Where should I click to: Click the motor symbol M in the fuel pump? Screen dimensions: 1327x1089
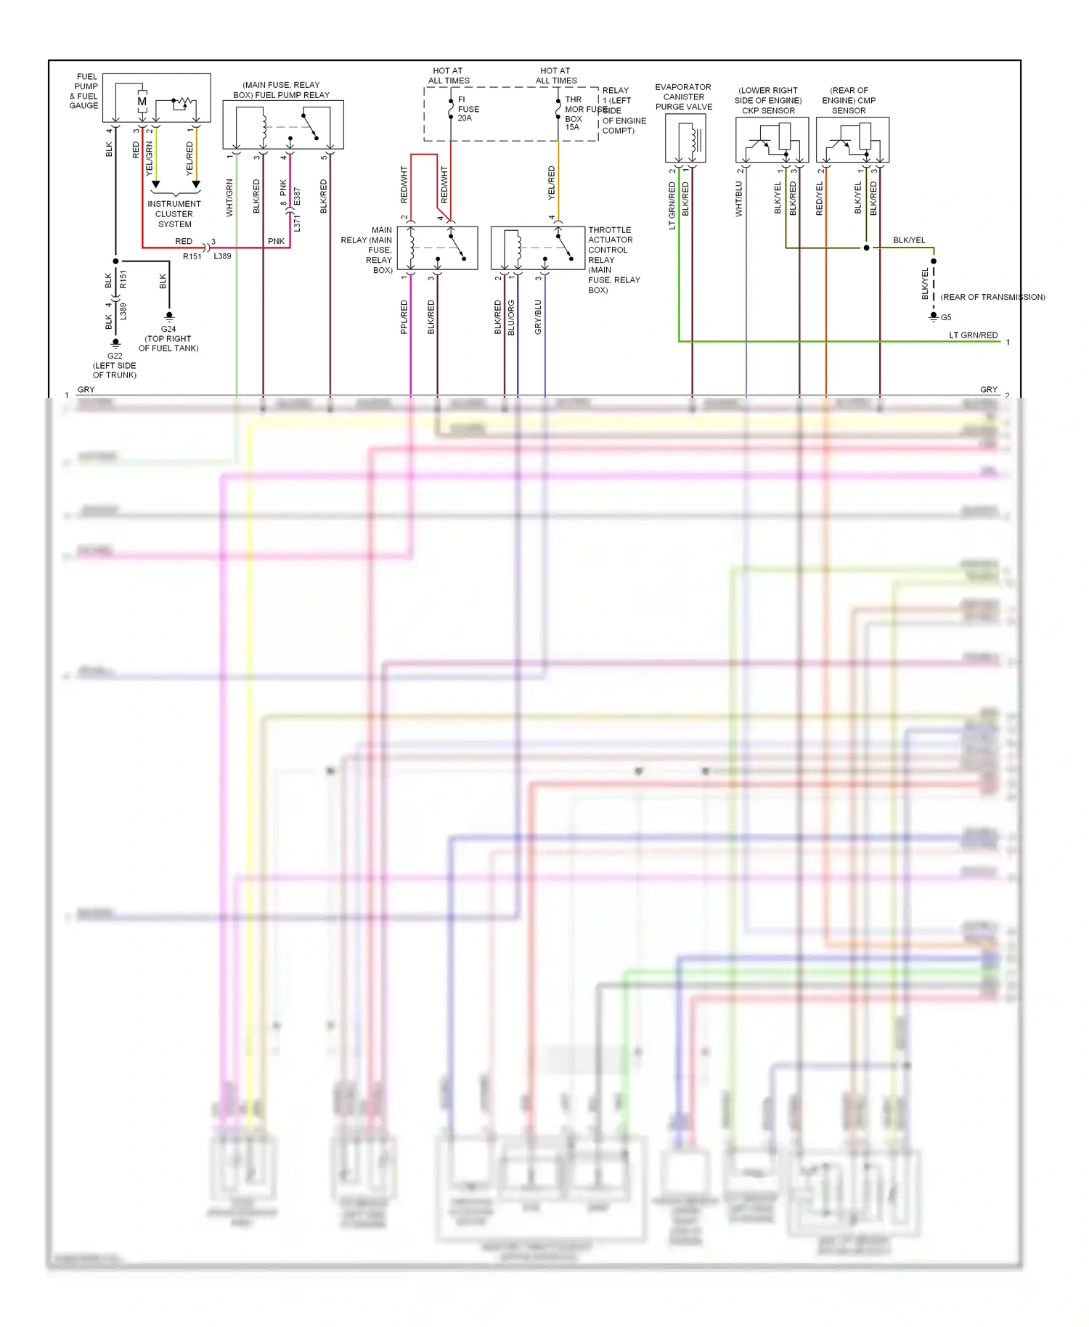142,102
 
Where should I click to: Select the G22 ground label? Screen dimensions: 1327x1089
115,356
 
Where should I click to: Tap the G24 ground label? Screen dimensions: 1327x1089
168,329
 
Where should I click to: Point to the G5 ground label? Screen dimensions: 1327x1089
946,317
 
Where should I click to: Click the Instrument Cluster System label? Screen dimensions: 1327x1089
174,214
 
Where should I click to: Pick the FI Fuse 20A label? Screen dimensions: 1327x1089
468,109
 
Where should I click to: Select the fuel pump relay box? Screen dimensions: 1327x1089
283,125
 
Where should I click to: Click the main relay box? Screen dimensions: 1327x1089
437,248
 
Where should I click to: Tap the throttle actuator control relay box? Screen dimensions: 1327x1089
538,248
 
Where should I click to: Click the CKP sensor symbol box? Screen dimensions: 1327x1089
772,140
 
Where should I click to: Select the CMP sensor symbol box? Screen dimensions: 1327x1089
852,140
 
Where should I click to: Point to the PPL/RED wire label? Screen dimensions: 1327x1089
404,317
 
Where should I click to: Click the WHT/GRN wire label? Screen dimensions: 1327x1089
229,197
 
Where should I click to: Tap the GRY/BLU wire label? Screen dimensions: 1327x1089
538,317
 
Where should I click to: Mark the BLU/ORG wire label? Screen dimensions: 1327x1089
511,317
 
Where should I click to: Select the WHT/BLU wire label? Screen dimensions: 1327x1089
739,199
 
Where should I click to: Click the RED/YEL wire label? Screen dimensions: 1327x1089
820,199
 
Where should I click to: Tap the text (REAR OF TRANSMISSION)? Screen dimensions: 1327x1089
992,297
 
